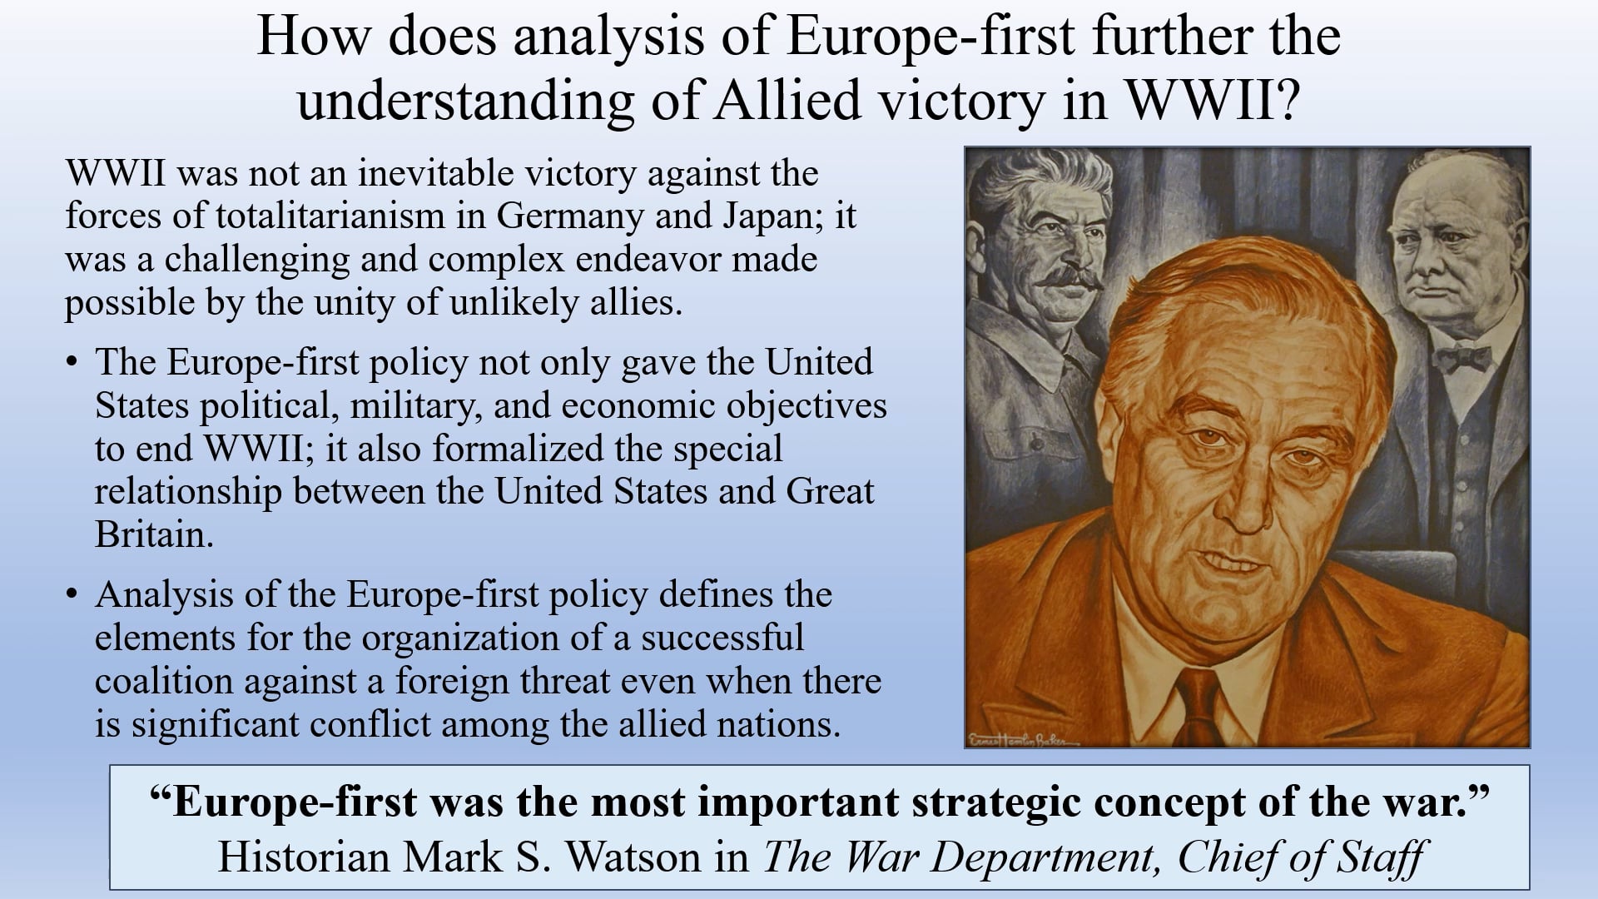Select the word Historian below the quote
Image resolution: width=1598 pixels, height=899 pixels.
tap(304, 857)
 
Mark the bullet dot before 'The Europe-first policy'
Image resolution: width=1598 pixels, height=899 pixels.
tap(73, 363)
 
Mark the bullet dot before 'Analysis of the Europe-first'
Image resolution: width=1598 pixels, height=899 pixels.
tap(73, 595)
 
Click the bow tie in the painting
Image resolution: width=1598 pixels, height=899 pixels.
tap(1462, 359)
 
